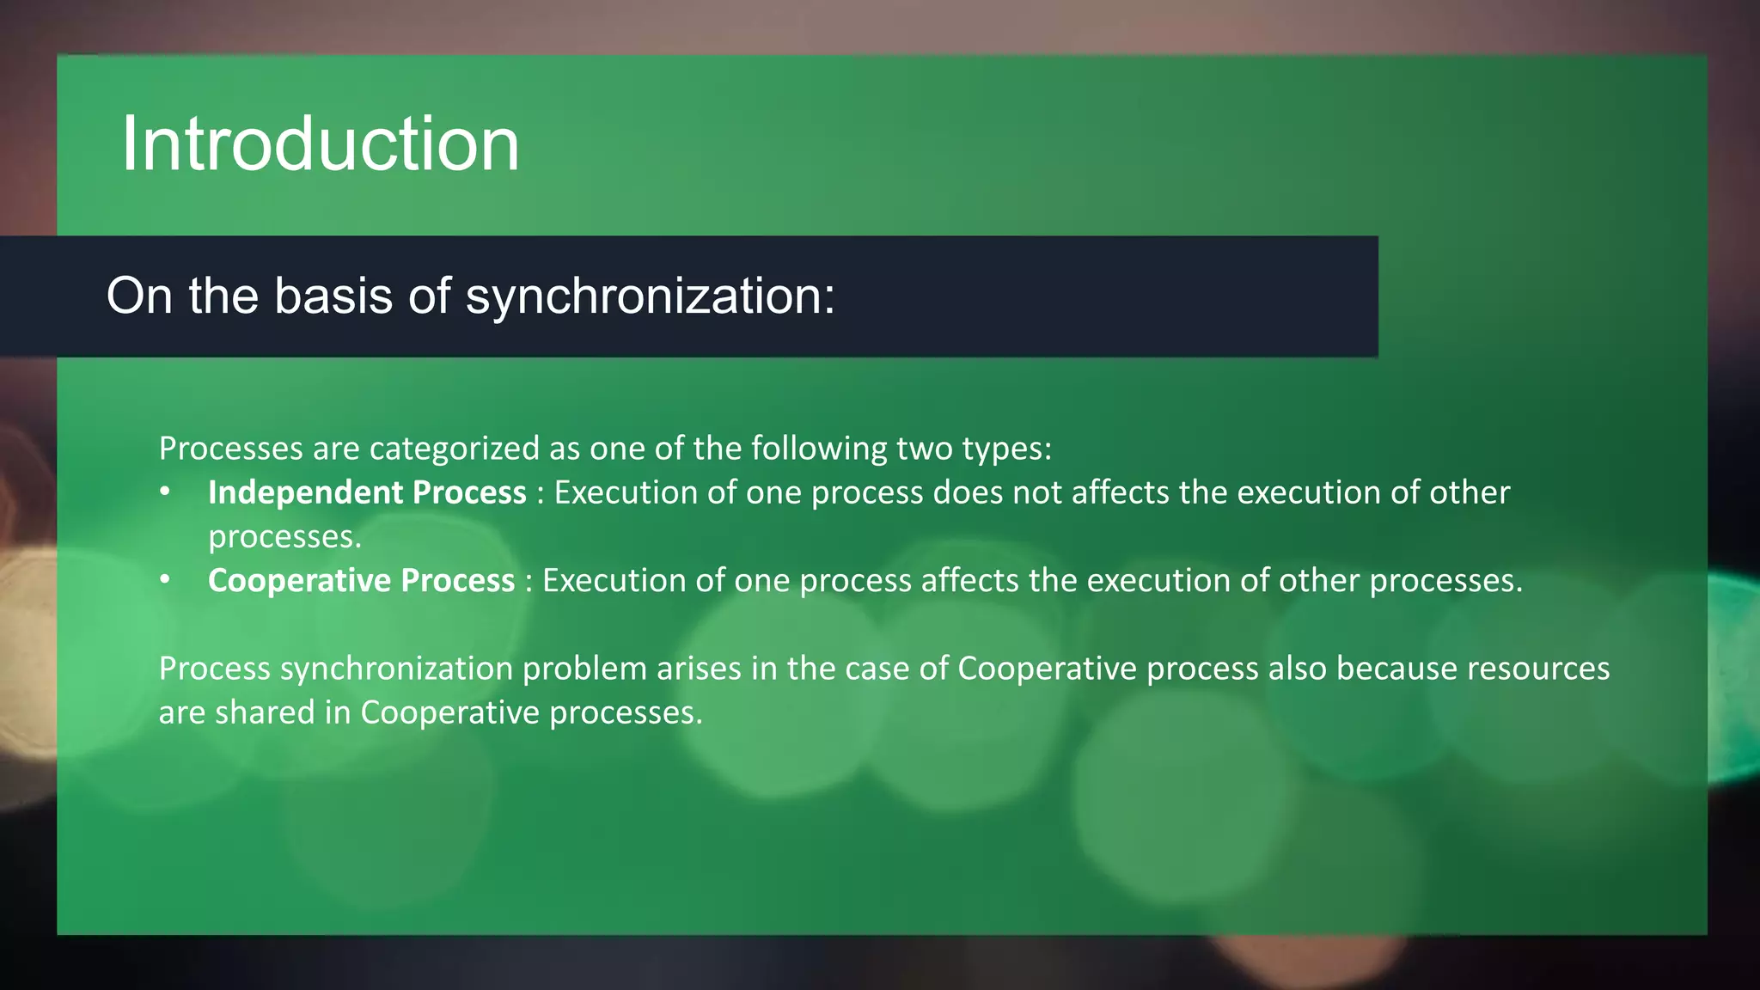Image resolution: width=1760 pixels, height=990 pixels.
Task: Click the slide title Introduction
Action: pyautogui.click(x=320, y=144)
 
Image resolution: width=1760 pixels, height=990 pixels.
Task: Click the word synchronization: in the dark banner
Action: pyautogui.click(x=650, y=296)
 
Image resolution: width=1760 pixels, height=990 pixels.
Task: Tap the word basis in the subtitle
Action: pyautogui.click(x=333, y=296)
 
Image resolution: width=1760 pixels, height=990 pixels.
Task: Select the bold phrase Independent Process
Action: pyautogui.click(x=367, y=492)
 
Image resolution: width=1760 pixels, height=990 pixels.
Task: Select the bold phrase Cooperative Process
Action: pyautogui.click(x=361, y=581)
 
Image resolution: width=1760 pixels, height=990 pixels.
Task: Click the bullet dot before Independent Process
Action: pyautogui.click(x=165, y=492)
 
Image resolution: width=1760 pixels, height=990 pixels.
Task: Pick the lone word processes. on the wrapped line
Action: pyautogui.click(x=284, y=537)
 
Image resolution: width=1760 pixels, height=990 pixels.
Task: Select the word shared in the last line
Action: pyautogui.click(x=265, y=712)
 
